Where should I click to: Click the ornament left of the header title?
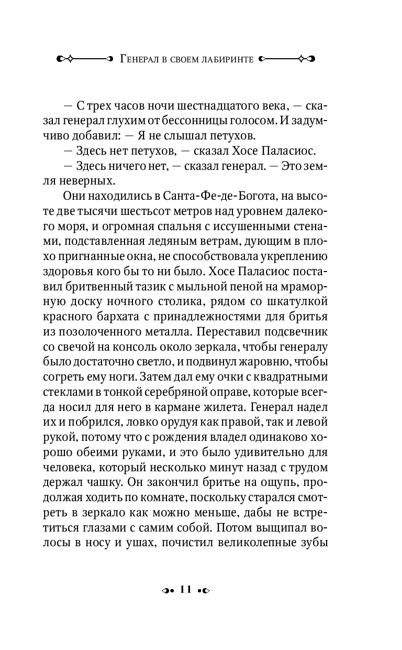click(84, 59)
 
